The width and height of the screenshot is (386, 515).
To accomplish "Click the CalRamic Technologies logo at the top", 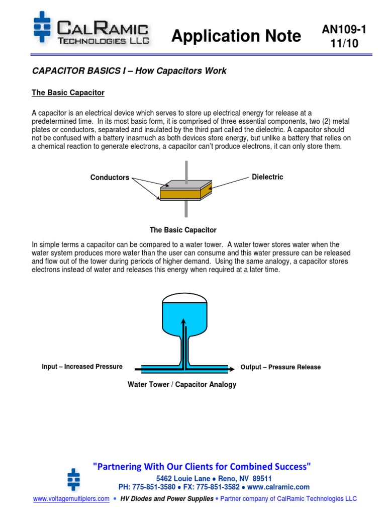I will (91, 31).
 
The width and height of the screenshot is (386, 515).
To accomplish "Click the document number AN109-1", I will (344, 30).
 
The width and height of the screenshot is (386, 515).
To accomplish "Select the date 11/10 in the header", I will (344, 44).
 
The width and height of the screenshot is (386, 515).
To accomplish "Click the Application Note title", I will (236, 36).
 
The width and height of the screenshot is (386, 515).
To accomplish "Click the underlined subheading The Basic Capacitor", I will (68, 93).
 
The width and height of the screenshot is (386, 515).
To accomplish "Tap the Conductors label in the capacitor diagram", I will (110, 178).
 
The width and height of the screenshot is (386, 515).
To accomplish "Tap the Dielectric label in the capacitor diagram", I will (267, 177).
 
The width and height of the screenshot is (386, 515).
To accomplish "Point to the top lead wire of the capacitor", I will (186, 169).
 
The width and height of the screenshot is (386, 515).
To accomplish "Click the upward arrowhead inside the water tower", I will (183, 321).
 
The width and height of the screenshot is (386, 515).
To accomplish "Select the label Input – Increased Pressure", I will (82, 367).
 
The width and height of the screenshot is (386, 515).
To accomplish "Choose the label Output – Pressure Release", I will (280, 367).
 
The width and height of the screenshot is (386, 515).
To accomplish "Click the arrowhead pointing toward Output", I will (231, 368).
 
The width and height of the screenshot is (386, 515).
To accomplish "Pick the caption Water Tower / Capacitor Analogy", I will (181, 385).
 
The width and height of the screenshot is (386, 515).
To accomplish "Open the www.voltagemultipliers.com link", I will (71, 499).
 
